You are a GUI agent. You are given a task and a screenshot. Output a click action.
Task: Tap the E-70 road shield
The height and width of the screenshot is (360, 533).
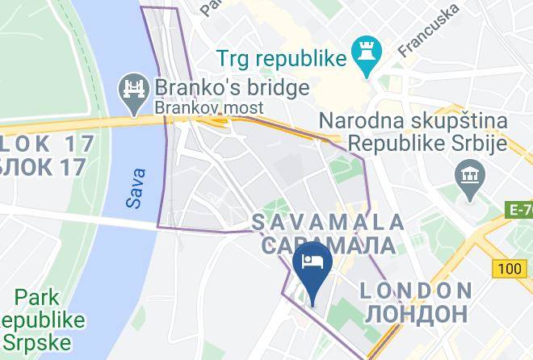[521, 210]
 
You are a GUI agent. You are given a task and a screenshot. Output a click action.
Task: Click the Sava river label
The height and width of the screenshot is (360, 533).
[137, 187]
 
